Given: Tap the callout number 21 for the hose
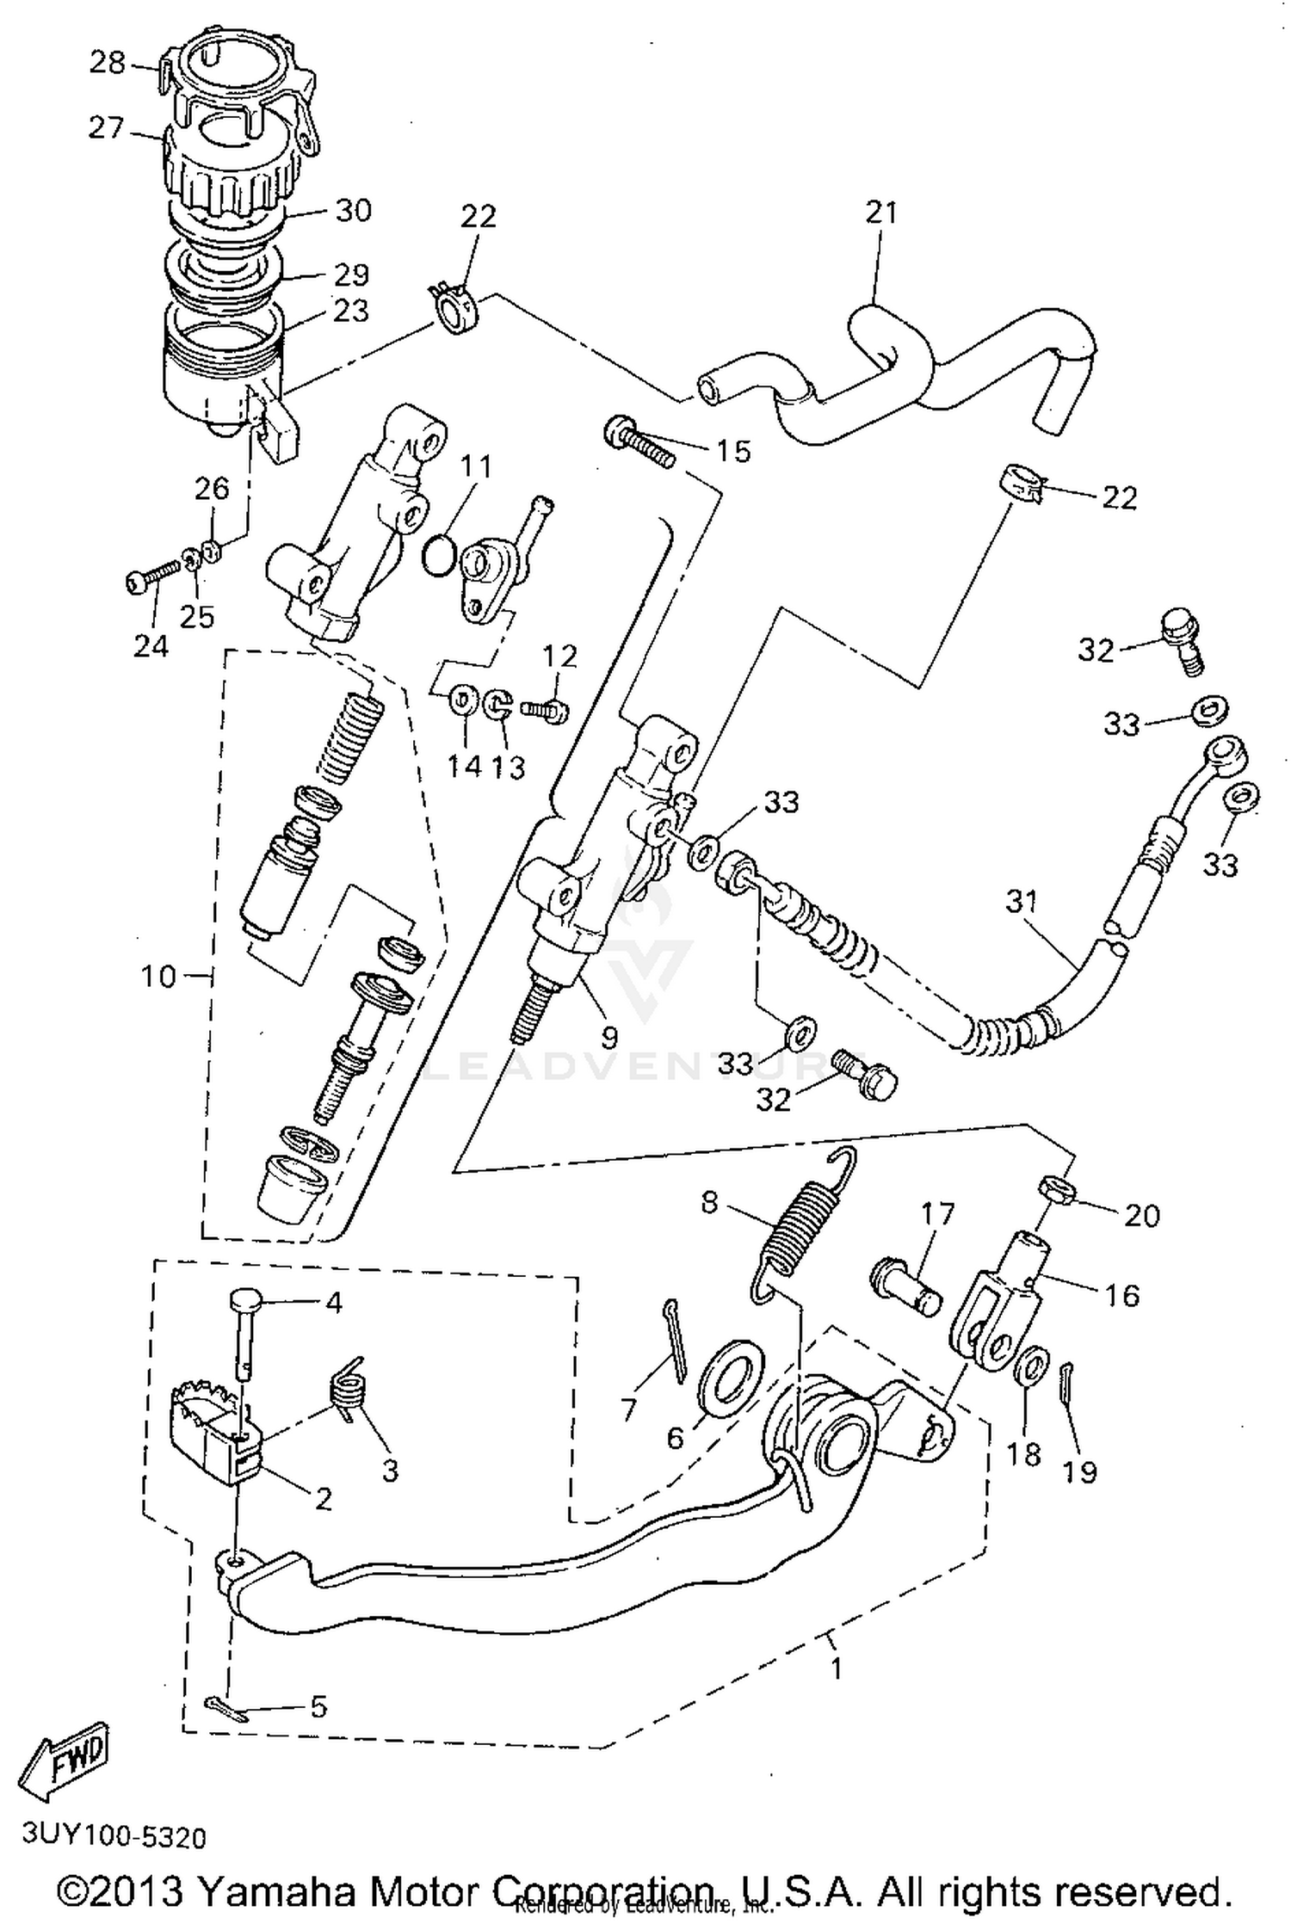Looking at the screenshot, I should [x=880, y=213].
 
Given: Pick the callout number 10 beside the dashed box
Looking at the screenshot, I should [x=158, y=976].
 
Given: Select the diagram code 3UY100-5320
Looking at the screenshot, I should [x=114, y=1837].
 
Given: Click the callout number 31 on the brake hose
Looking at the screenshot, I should [x=1022, y=903].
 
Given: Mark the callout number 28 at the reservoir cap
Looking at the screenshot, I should [x=108, y=63].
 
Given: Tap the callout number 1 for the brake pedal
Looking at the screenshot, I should [x=835, y=1668].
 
